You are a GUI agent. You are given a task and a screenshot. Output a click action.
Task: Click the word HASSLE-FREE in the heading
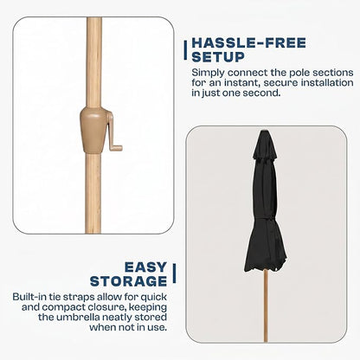(248, 43)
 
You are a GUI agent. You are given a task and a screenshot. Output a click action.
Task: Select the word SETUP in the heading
(218, 57)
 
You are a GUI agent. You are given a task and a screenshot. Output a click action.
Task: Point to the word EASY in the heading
(146, 267)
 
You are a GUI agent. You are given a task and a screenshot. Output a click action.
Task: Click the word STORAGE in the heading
(129, 281)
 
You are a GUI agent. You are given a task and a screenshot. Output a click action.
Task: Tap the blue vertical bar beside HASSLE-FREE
(185, 50)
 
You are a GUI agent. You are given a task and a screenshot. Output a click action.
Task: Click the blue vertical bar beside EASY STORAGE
(174, 273)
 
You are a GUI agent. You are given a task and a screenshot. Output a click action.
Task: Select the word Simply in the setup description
(209, 73)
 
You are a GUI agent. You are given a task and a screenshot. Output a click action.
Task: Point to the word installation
(327, 83)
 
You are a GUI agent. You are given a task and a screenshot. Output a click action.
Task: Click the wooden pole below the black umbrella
(266, 305)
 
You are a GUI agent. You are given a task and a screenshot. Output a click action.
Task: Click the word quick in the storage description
(154, 297)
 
